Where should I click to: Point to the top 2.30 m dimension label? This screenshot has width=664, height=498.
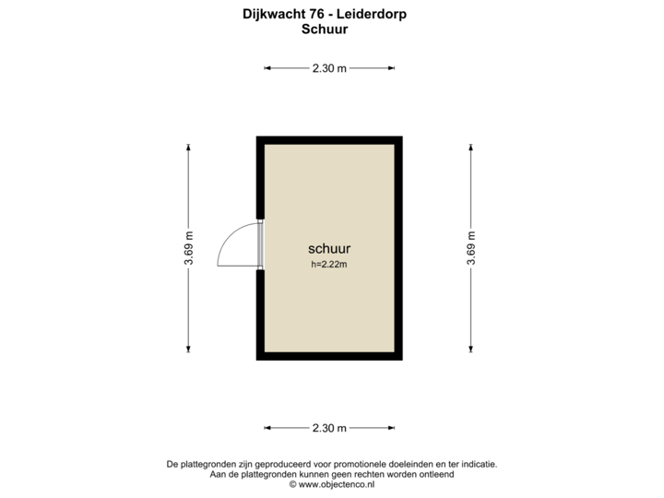coord(330,67)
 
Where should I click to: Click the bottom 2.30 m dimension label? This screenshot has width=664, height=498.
coord(330,428)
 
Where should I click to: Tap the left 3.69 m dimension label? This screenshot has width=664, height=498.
coord(189,247)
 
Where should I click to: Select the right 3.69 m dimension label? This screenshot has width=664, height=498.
coord(470,247)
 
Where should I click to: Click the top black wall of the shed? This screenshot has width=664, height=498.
coord(329,138)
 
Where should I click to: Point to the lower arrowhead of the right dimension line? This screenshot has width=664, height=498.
coord(470,348)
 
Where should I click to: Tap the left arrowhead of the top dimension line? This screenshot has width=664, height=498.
coord(268,67)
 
